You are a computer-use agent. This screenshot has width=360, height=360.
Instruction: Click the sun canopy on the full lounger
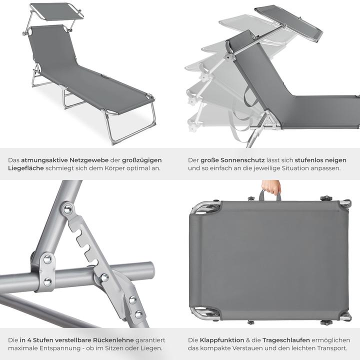56,10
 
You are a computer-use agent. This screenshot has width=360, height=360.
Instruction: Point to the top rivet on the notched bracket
67,209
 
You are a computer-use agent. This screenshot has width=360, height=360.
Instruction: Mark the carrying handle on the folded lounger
270,196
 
